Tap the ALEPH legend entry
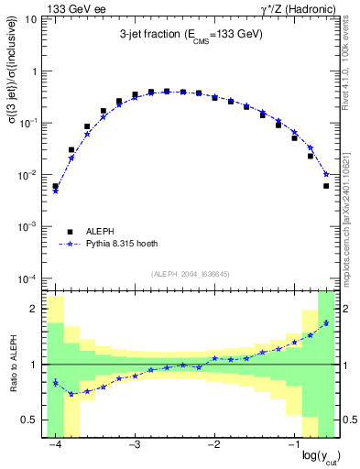pyautogui.click(x=102, y=232)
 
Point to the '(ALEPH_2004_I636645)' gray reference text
pyautogui.click(x=191, y=275)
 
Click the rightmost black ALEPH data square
pyautogui.click(x=326, y=186)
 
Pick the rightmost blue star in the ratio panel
pyautogui.click(x=326, y=323)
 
